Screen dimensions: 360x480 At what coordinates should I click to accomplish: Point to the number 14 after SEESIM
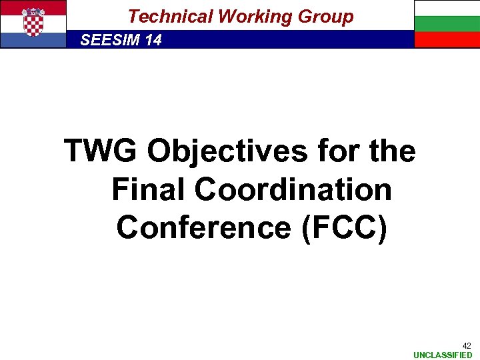click(x=153, y=40)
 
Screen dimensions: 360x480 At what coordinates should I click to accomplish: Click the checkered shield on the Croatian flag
click(x=33, y=23)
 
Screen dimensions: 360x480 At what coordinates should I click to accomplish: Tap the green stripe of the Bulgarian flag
click(x=447, y=24)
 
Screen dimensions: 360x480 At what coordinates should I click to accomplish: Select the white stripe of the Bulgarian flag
click(x=447, y=8)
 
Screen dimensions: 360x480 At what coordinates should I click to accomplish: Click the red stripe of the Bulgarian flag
click(x=447, y=40)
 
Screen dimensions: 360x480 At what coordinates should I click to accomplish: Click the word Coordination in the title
click(x=293, y=189)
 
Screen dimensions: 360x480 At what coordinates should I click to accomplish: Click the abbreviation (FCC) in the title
click(x=344, y=227)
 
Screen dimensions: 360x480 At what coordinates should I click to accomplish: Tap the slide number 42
click(x=467, y=345)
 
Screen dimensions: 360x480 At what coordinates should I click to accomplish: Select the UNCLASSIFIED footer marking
click(x=443, y=355)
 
